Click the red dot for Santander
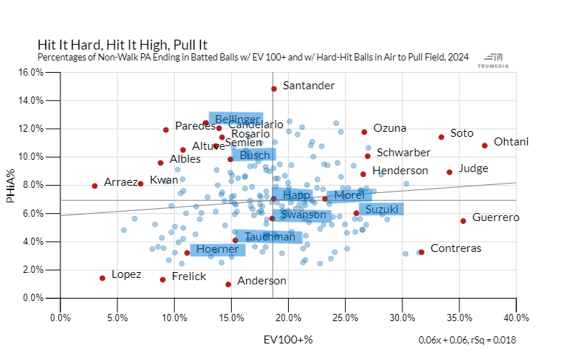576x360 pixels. tap(274, 89)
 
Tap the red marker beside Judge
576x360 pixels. tap(449, 172)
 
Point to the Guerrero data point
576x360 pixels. tap(463, 221)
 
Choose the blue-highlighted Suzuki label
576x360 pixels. tap(382, 210)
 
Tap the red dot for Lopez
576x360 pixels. tap(102, 278)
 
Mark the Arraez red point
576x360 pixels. tap(94, 186)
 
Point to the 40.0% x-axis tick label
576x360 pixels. tap(516, 316)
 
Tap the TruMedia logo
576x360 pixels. tap(495, 60)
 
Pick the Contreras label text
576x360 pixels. tap(456, 248)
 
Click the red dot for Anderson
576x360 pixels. tap(228, 284)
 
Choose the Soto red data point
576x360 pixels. tap(441, 137)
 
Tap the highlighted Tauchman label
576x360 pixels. tap(269, 237)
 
